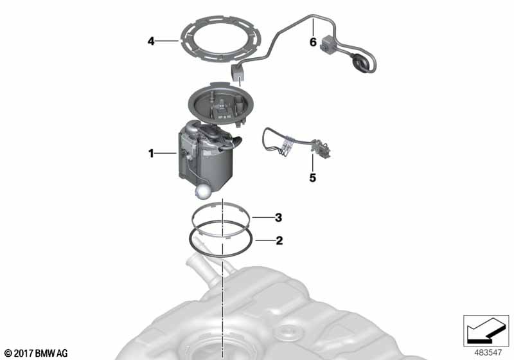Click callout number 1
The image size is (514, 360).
(x=151, y=153)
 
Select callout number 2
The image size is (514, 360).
(x=279, y=240)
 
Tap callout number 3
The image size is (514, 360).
(x=278, y=217)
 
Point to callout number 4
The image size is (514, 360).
(x=151, y=41)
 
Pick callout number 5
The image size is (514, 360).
(x=313, y=177)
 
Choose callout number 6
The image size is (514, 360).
(x=313, y=42)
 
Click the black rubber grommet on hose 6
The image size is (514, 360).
(x=360, y=65)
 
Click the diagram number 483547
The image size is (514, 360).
(x=488, y=352)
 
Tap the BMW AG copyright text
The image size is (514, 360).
(x=36, y=354)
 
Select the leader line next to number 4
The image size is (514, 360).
(x=167, y=41)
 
